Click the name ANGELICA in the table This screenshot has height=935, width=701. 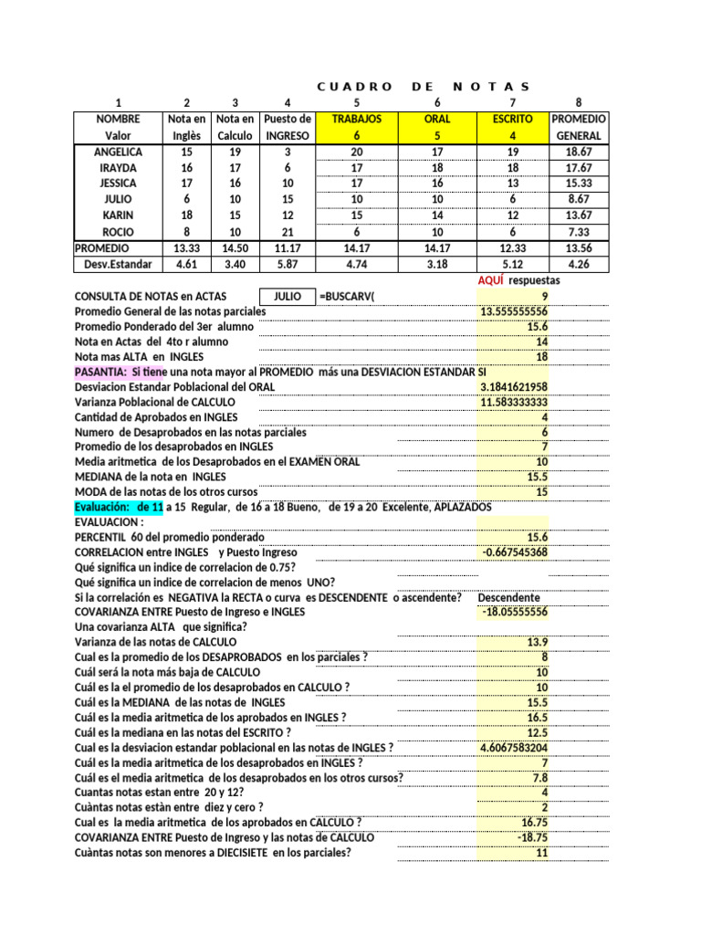pyautogui.click(x=117, y=152)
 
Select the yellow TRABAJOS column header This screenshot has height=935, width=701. pyautogui.click(x=357, y=120)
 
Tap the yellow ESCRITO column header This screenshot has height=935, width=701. pyautogui.click(x=513, y=120)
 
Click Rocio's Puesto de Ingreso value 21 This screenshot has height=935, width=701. pyautogui.click(x=288, y=232)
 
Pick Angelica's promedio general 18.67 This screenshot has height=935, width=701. pyautogui.click(x=579, y=152)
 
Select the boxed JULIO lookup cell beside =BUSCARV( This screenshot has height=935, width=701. pyautogui.click(x=287, y=297)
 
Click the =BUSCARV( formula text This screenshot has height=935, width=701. pyautogui.click(x=348, y=297)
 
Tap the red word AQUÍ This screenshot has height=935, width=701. pyautogui.click(x=491, y=280)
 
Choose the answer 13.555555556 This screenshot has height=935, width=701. pyautogui.click(x=513, y=312)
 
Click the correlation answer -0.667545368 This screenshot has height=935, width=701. pyautogui.click(x=515, y=552)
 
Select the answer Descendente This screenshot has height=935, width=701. pyautogui.click(x=507, y=597)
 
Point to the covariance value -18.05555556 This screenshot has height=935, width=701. pyautogui.click(x=515, y=612)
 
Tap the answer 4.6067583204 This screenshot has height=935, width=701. pyautogui.click(x=513, y=747)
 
